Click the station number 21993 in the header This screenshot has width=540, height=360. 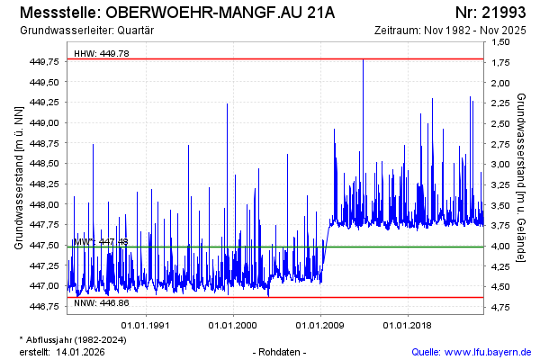click(502, 13)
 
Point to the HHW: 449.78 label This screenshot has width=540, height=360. click(101, 54)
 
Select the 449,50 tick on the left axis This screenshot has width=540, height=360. click(45, 82)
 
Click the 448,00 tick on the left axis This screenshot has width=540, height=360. click(45, 204)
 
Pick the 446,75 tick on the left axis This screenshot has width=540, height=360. click(45, 307)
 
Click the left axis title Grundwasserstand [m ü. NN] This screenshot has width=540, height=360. click(18, 177)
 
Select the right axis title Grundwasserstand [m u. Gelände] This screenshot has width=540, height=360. click(521, 177)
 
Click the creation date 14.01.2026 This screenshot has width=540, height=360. click(83, 351)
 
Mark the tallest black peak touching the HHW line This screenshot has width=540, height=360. click(363, 60)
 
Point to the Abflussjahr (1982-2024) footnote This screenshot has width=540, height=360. click(75, 338)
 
